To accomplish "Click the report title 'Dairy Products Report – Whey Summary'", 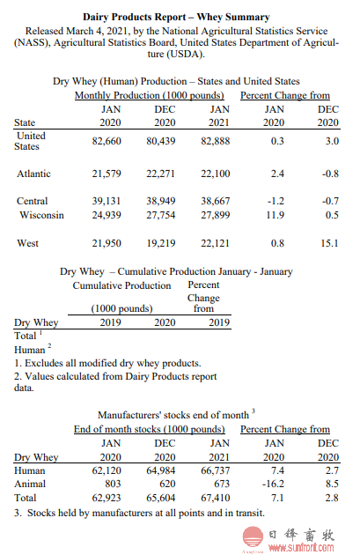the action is coord(176,17).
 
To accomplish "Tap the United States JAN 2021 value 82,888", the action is coord(216,141).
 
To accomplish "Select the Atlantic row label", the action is coord(34,174).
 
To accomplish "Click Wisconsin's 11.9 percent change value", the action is coord(276,215).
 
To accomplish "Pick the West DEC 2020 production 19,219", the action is coord(161,243).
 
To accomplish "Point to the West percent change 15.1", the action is coord(329,243).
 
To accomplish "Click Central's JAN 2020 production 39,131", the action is coord(107,201).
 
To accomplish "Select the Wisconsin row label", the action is coord(41,215).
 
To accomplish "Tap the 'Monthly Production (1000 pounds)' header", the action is coord(150,95).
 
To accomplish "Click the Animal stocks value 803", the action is coord(113,484).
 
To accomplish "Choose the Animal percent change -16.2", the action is coord(273,484).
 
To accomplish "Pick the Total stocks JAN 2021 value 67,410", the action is coord(216,498).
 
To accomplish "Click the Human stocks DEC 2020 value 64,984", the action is coord(161,470).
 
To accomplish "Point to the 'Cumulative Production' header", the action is coord(121,285).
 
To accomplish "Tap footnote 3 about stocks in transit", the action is coord(139,513).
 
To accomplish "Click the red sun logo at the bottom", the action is coord(253,537).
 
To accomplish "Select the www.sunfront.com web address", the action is coord(301,548).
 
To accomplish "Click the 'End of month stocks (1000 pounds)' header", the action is coord(150,429).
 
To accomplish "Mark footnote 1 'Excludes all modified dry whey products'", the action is coord(107,363).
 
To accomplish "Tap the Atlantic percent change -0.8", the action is coord(330,174).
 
